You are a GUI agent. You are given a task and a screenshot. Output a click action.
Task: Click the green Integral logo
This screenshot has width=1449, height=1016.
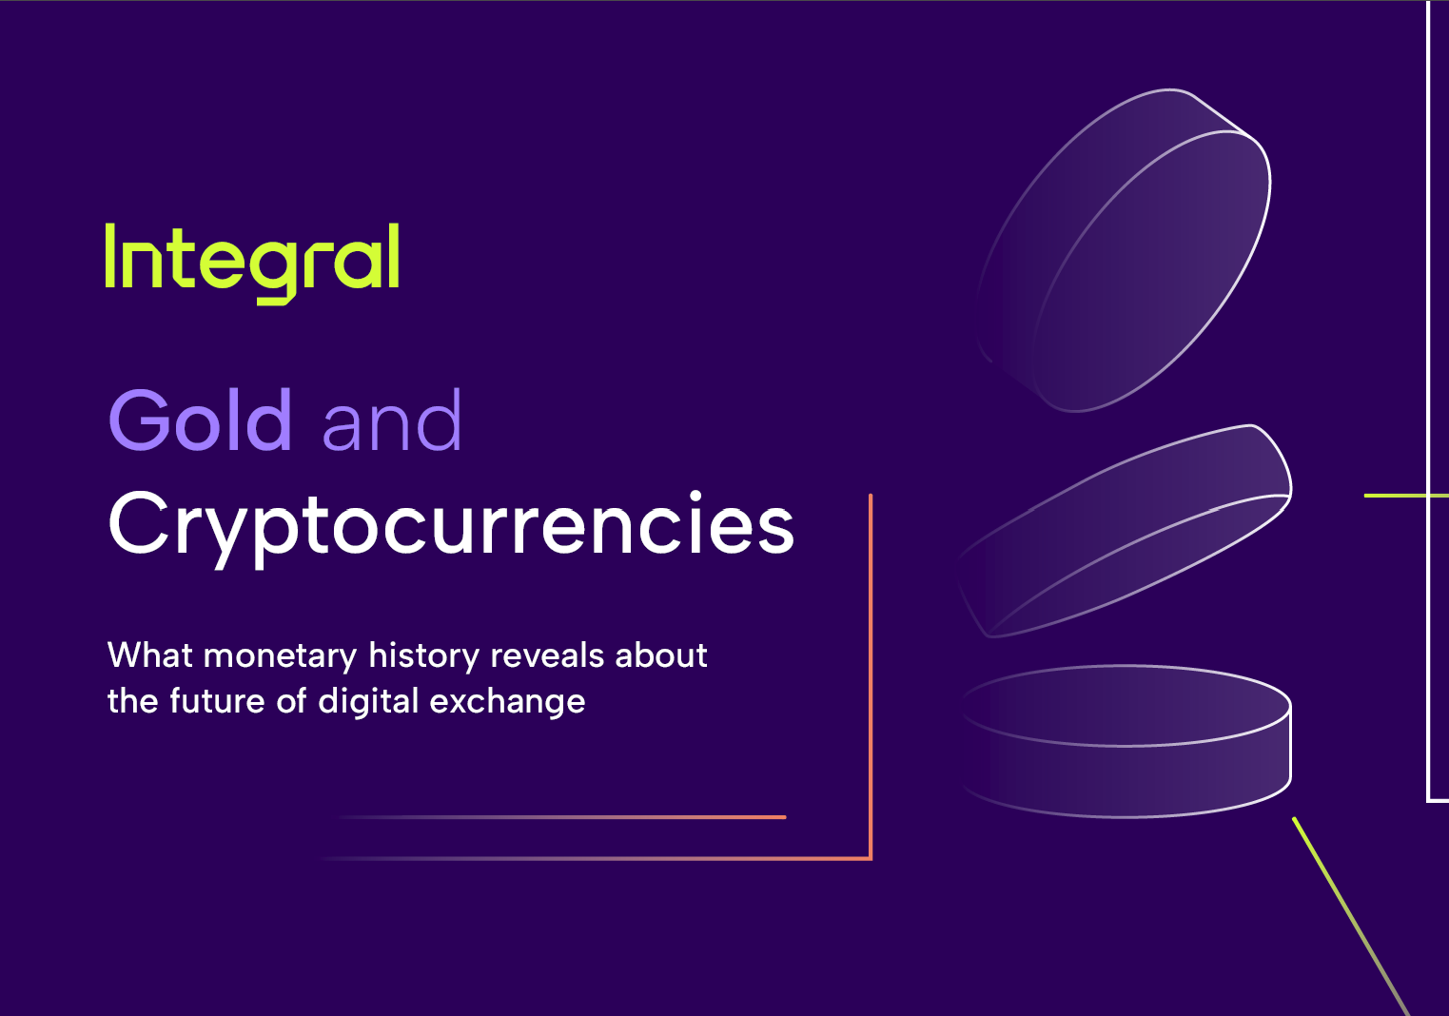point(252,264)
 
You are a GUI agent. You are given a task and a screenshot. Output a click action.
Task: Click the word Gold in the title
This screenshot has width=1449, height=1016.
point(201,420)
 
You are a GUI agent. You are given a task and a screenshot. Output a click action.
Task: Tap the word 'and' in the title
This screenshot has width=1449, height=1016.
point(392,420)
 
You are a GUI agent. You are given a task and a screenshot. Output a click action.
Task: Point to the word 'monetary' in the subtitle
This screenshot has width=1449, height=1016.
point(280,655)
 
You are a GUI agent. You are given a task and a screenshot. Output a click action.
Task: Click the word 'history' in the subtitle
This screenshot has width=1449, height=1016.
point(423,655)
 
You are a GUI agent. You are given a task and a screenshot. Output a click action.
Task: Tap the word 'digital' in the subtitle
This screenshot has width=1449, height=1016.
point(368,702)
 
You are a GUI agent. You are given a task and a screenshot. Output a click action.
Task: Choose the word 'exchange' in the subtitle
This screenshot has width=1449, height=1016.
point(507,702)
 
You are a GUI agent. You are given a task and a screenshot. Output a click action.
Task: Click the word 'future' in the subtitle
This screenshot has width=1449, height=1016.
point(217,701)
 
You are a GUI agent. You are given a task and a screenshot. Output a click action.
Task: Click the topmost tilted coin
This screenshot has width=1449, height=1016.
point(1125,250)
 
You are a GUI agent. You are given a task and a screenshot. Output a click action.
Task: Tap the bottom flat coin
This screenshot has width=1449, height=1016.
point(1126,741)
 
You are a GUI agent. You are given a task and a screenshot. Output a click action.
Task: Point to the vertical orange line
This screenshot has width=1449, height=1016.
point(871,676)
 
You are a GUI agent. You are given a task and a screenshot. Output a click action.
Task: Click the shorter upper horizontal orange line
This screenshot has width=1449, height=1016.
point(561,817)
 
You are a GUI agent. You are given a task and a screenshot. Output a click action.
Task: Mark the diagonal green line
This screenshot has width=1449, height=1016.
point(1351,917)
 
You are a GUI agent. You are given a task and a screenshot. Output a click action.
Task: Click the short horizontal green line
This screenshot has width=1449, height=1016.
point(1406,496)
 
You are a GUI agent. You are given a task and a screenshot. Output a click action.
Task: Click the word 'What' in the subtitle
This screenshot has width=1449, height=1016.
point(150,655)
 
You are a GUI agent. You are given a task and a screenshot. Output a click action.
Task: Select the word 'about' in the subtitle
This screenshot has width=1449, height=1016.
point(661,655)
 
